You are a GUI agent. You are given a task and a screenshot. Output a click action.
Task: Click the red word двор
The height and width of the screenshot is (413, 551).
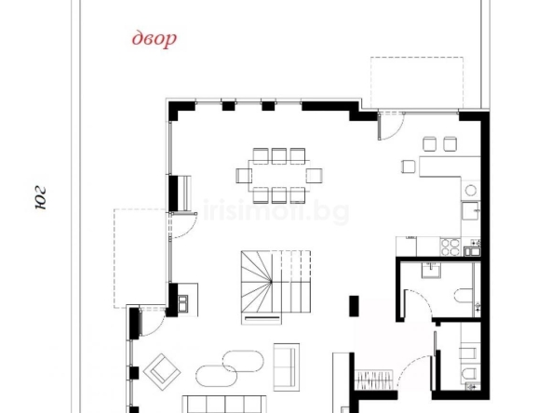[154, 39]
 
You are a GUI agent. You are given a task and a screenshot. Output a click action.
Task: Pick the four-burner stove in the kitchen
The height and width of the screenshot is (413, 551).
[450, 246]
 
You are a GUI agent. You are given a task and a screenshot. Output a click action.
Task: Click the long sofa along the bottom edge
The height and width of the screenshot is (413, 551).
[223, 404]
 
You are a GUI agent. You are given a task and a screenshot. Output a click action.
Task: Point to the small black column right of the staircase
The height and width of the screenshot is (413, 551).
[354, 305]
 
